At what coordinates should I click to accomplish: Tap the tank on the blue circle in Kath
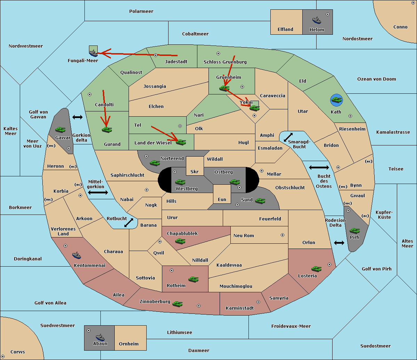(x=337, y=100)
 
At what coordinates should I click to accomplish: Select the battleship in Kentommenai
(x=76, y=255)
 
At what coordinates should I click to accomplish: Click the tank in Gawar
(x=60, y=129)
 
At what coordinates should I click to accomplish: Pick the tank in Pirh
(x=354, y=231)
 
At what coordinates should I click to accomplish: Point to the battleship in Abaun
(x=100, y=337)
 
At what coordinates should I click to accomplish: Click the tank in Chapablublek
(x=180, y=241)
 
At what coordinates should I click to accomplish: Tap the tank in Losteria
(x=316, y=269)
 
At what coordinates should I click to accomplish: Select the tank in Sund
(x=260, y=201)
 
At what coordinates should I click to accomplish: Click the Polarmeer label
(x=141, y=11)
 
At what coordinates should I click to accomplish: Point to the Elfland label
(x=285, y=30)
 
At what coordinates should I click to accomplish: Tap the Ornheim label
(x=129, y=344)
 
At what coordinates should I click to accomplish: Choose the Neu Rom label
(x=244, y=235)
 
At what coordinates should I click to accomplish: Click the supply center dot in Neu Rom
(x=283, y=235)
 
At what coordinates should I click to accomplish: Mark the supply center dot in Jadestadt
(x=156, y=55)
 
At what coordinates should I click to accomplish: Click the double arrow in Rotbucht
(x=129, y=223)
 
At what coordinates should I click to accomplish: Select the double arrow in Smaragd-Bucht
(x=288, y=137)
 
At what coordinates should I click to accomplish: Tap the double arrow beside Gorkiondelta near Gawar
(x=77, y=117)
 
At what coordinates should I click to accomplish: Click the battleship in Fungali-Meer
(x=93, y=53)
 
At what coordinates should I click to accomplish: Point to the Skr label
(x=194, y=171)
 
